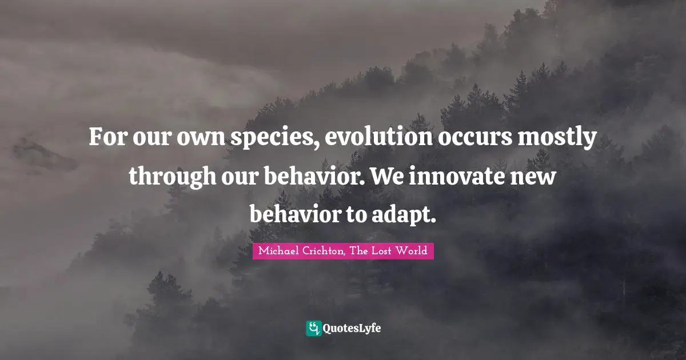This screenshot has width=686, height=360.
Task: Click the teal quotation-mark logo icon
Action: pos(313,328)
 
